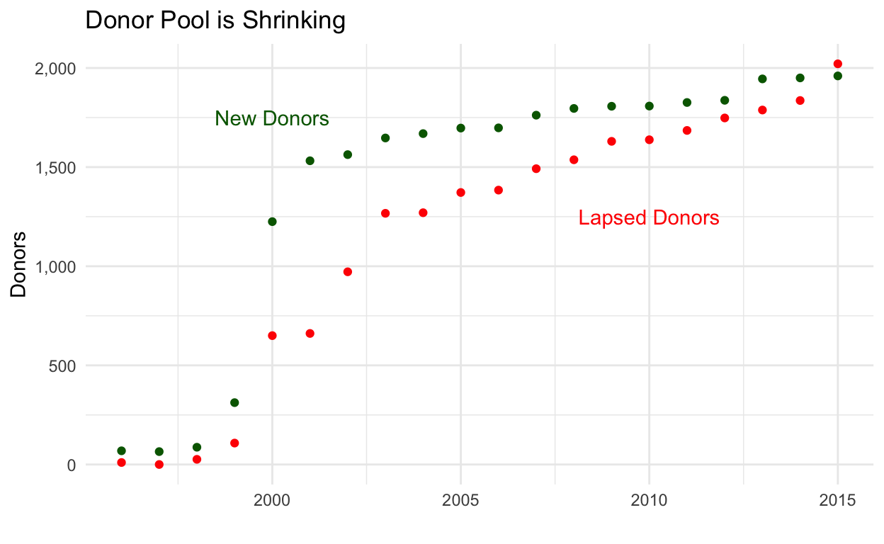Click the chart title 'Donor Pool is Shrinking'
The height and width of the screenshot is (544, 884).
[215, 21]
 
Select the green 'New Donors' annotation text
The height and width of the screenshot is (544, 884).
[272, 118]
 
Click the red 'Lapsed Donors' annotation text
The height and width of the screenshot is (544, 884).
[649, 218]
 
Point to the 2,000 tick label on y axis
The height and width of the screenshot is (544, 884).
[55, 69]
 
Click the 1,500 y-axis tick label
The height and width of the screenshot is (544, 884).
[55, 168]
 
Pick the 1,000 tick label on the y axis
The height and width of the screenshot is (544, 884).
[55, 267]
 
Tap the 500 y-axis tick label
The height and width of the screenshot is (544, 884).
[63, 366]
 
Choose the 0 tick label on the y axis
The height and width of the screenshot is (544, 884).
[71, 465]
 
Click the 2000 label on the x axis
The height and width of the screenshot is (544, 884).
[272, 501]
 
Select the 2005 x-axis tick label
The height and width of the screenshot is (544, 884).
[460, 501]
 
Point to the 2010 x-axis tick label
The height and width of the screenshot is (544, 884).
[649, 501]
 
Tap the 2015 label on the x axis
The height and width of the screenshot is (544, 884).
[838, 501]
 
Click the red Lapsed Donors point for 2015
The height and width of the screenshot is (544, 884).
[838, 64]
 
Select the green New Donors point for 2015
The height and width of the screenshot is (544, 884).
[838, 76]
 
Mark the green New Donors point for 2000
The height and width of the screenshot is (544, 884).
[272, 222]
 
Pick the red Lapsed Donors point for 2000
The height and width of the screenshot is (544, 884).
[272, 336]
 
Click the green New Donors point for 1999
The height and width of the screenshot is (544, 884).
[234, 402]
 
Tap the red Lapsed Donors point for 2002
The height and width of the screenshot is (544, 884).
[348, 272]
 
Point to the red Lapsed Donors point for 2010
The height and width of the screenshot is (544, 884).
[649, 140]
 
